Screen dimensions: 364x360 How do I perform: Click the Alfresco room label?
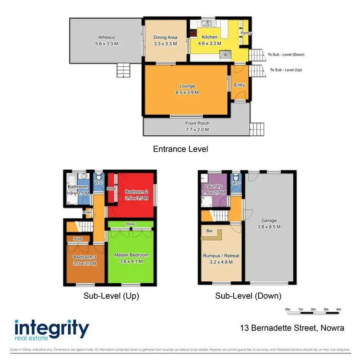tap(106, 37)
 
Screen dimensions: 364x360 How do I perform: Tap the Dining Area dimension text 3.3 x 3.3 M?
tap(165, 43)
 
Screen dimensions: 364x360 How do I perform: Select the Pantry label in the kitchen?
tap(246, 33)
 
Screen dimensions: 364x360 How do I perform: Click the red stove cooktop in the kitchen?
tap(193, 33)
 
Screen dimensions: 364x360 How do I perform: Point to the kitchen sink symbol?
tap(207, 23)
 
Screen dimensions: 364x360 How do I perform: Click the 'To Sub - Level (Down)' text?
tap(286, 55)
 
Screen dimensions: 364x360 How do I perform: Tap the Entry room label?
tap(240, 85)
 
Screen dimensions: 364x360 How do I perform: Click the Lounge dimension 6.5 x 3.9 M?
tap(185, 92)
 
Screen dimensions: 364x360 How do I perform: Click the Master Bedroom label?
tap(131, 255)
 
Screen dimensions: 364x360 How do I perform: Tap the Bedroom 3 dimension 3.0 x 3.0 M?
tap(85, 263)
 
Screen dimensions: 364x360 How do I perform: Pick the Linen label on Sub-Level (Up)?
tap(87, 212)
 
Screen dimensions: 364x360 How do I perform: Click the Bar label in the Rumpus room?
tap(209, 231)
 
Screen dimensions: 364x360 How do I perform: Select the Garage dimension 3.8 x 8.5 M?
tap(269, 227)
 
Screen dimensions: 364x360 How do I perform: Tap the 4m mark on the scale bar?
tap(338, 309)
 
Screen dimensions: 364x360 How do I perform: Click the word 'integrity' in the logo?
tap(52, 329)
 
